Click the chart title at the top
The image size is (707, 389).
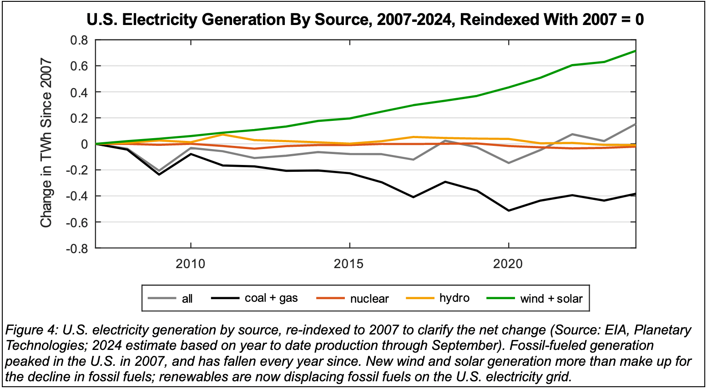365,20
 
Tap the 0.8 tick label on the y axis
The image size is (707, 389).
79,40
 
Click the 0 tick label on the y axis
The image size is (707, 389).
84,144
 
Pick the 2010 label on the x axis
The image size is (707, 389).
191,264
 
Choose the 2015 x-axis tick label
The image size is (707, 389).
349,264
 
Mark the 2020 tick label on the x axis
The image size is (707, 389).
508,264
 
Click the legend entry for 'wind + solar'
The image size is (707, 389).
551,299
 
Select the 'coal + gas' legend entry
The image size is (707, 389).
271,298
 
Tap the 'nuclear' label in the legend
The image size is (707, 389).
369,299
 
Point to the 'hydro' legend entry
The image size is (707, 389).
454,298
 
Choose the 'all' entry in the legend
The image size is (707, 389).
187,299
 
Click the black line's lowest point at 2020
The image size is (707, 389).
508,210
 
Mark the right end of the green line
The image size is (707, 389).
635,51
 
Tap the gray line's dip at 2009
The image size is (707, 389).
159,171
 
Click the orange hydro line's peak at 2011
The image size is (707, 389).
223,135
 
